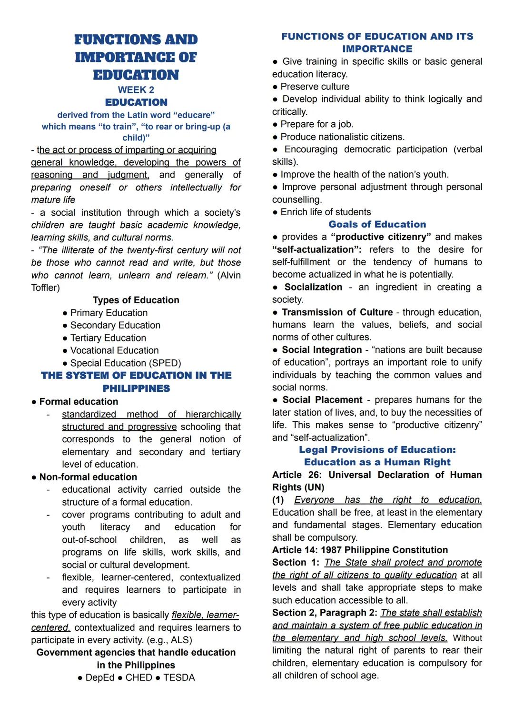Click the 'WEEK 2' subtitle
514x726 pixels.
(x=136, y=90)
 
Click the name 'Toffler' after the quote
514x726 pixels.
(x=45, y=288)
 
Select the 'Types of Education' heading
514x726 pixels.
(x=136, y=300)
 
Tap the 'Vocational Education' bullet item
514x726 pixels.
(x=114, y=350)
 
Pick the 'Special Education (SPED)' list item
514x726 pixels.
(x=126, y=363)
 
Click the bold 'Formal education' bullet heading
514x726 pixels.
(x=79, y=401)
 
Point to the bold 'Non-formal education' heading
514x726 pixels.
(x=88, y=477)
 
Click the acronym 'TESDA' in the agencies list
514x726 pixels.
(x=179, y=677)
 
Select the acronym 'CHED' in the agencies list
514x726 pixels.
(x=138, y=677)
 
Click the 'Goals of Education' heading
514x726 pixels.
(x=377, y=224)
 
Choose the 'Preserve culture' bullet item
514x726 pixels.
(x=315, y=87)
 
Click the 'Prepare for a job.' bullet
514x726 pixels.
(x=316, y=124)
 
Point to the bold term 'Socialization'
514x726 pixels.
(x=313, y=287)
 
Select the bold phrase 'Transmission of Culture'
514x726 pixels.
(x=337, y=312)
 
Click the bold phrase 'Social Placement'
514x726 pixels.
(x=322, y=400)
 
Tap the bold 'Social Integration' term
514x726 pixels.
(x=322, y=350)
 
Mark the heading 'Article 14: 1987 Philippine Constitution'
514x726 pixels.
(x=360, y=550)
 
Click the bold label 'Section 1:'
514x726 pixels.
(x=296, y=562)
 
